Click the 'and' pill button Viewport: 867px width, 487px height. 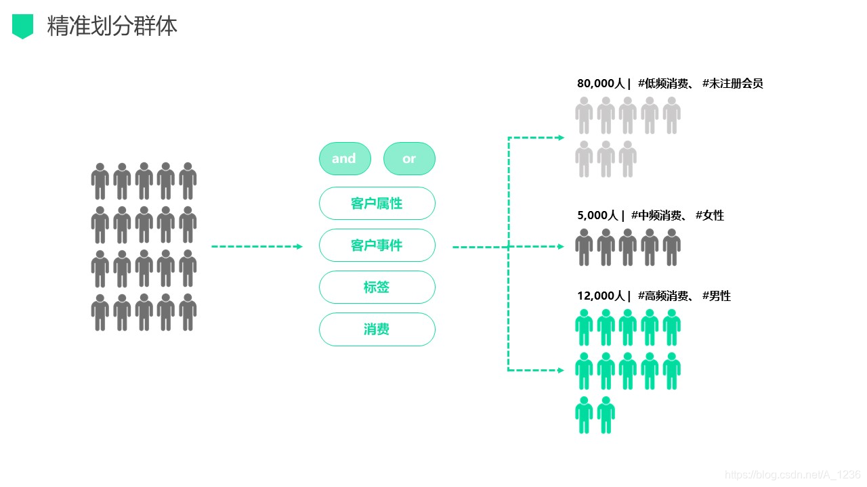tap(345, 158)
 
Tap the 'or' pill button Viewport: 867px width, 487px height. tap(409, 158)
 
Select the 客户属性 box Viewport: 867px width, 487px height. tap(377, 204)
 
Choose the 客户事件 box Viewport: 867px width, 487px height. tap(377, 245)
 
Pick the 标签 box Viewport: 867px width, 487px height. tap(377, 287)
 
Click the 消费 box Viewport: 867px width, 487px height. tap(377, 329)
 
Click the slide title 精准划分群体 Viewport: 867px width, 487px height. tap(112, 26)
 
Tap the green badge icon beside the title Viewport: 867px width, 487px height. tap(22, 26)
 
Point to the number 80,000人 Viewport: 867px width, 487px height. tap(601, 83)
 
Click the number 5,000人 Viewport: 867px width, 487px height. tap(597, 215)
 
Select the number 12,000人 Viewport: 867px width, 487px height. tap(601, 296)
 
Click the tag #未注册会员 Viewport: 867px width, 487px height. tap(733, 83)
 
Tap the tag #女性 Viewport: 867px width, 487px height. tap(709, 215)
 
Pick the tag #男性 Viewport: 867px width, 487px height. tap(717, 296)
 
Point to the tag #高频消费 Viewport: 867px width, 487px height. tap(663, 296)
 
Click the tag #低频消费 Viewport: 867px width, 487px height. tap(663, 83)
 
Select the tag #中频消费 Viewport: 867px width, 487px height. tap(656, 215)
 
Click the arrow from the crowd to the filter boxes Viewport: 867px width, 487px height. tap(257, 246)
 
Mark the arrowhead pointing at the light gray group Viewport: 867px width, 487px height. tap(562, 137)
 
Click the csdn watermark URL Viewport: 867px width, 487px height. tap(792, 475)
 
